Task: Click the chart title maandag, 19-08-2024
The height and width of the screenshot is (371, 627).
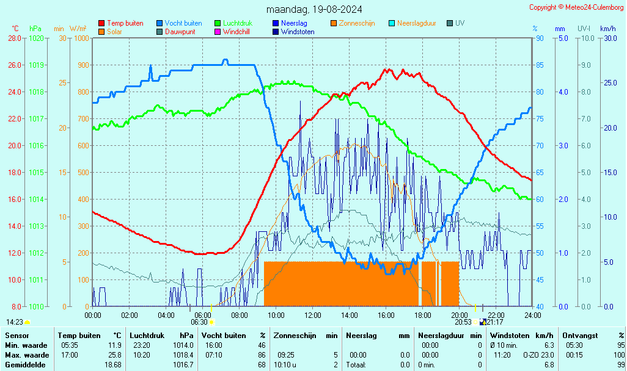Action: [x=314, y=9]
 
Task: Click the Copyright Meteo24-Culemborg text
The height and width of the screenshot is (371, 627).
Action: [x=576, y=7]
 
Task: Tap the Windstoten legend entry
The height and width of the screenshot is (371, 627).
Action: [x=298, y=32]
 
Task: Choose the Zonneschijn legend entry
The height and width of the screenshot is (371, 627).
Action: [x=356, y=23]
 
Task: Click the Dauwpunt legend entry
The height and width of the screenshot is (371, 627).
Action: [x=180, y=32]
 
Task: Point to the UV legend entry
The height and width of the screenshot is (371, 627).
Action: [x=460, y=23]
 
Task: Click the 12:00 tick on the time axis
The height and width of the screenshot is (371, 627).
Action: [x=312, y=315]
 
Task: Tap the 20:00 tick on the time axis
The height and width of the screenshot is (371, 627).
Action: [x=460, y=315]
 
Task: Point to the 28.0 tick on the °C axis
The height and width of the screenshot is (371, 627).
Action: [x=15, y=38]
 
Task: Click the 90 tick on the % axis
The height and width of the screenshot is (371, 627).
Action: [x=540, y=38]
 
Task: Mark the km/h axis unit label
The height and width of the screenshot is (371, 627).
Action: [x=607, y=29]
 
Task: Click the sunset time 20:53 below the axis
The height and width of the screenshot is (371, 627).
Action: [x=463, y=322]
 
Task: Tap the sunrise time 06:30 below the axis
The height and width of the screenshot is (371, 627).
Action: [x=199, y=322]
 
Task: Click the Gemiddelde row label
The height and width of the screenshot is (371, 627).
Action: [x=25, y=364]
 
